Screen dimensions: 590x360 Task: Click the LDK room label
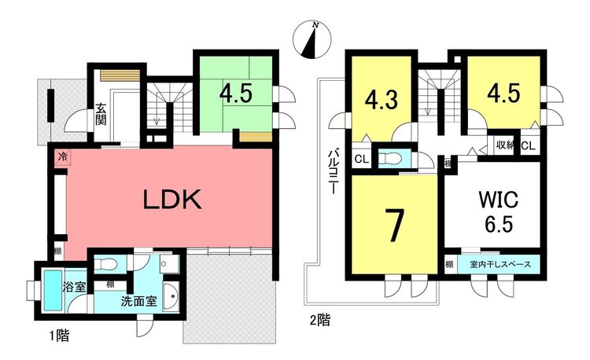tap(172, 199)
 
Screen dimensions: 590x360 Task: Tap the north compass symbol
tap(312, 40)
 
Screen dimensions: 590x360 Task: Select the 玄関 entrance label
tap(101, 114)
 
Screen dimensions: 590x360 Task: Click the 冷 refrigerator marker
tap(63, 156)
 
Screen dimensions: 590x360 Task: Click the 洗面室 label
tap(138, 301)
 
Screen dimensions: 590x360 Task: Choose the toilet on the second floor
tap(390, 159)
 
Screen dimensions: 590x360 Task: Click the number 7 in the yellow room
tap(395, 225)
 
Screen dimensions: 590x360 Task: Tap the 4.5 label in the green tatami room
tap(236, 94)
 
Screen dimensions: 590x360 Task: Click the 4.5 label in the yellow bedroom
tap(503, 93)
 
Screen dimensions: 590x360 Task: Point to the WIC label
tap(498, 199)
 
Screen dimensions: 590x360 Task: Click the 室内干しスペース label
tap(500, 265)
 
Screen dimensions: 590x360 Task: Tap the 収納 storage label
tap(504, 145)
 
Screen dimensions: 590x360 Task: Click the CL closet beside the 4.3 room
tap(362, 160)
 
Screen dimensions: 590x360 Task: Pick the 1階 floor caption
tap(60, 335)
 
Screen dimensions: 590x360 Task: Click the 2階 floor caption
tap(320, 321)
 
